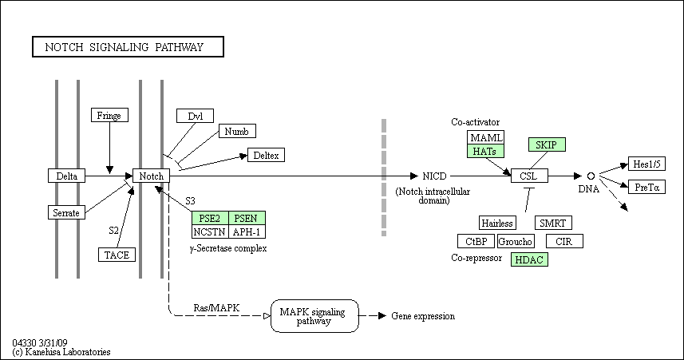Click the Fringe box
[x=109, y=115]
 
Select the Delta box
[x=67, y=176]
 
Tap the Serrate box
[x=66, y=212]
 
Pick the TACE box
[x=117, y=255]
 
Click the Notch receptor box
[x=151, y=176]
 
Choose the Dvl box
[x=195, y=116]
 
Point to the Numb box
[x=237, y=132]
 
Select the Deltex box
[x=266, y=155]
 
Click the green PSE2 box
[x=210, y=218]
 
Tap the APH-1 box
[x=247, y=231]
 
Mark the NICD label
[x=434, y=176]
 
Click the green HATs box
[x=485, y=151]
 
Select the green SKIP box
[x=547, y=144]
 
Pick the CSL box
[x=530, y=176]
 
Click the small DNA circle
[x=591, y=176]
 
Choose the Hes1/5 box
[x=647, y=164]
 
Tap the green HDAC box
[x=530, y=259]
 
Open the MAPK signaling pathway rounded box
[x=314, y=316]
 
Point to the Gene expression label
[x=423, y=316]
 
